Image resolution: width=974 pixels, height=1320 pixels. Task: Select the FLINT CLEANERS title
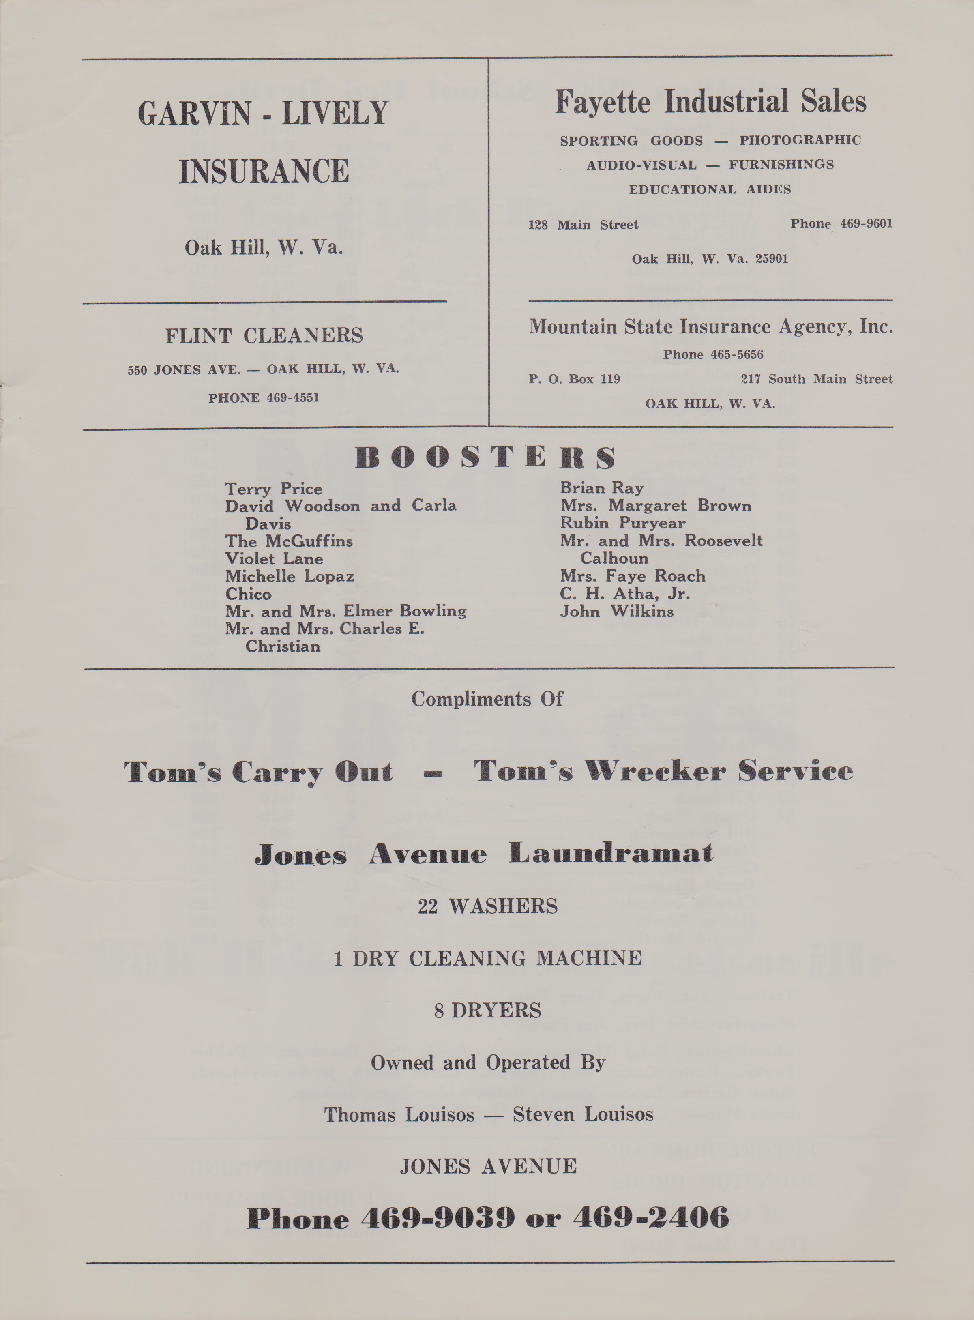point(264,335)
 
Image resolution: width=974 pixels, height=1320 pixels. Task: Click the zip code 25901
point(771,259)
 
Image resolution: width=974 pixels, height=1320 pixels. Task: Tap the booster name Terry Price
point(274,489)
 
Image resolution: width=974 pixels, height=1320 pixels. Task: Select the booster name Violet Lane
point(274,558)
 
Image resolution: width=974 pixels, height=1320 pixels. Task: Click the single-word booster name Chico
point(248,594)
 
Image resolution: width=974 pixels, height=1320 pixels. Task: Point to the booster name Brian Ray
point(601,487)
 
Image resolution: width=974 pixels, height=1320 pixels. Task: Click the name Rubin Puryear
point(622,523)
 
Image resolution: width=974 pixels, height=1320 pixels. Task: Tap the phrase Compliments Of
point(487,699)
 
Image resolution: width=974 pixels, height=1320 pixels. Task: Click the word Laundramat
point(611,853)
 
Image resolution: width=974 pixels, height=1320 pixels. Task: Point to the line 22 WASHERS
point(487,906)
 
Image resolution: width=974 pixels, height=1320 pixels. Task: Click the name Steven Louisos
point(583,1114)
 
